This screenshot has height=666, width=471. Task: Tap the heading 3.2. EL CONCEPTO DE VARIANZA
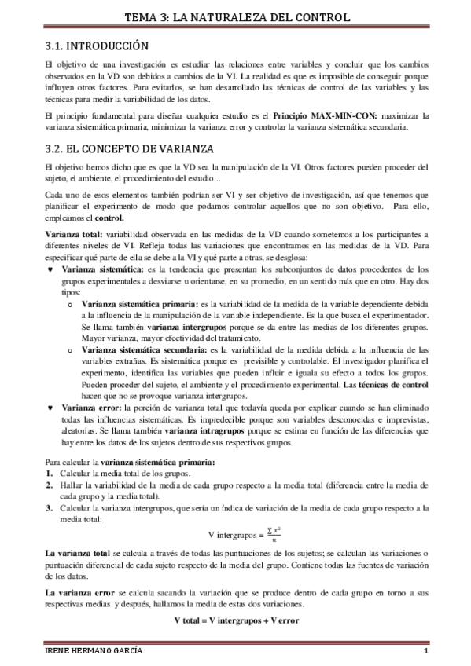click(x=127, y=148)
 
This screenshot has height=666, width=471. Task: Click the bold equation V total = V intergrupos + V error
click(x=235, y=620)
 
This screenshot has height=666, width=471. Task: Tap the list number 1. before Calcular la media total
click(x=49, y=474)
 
